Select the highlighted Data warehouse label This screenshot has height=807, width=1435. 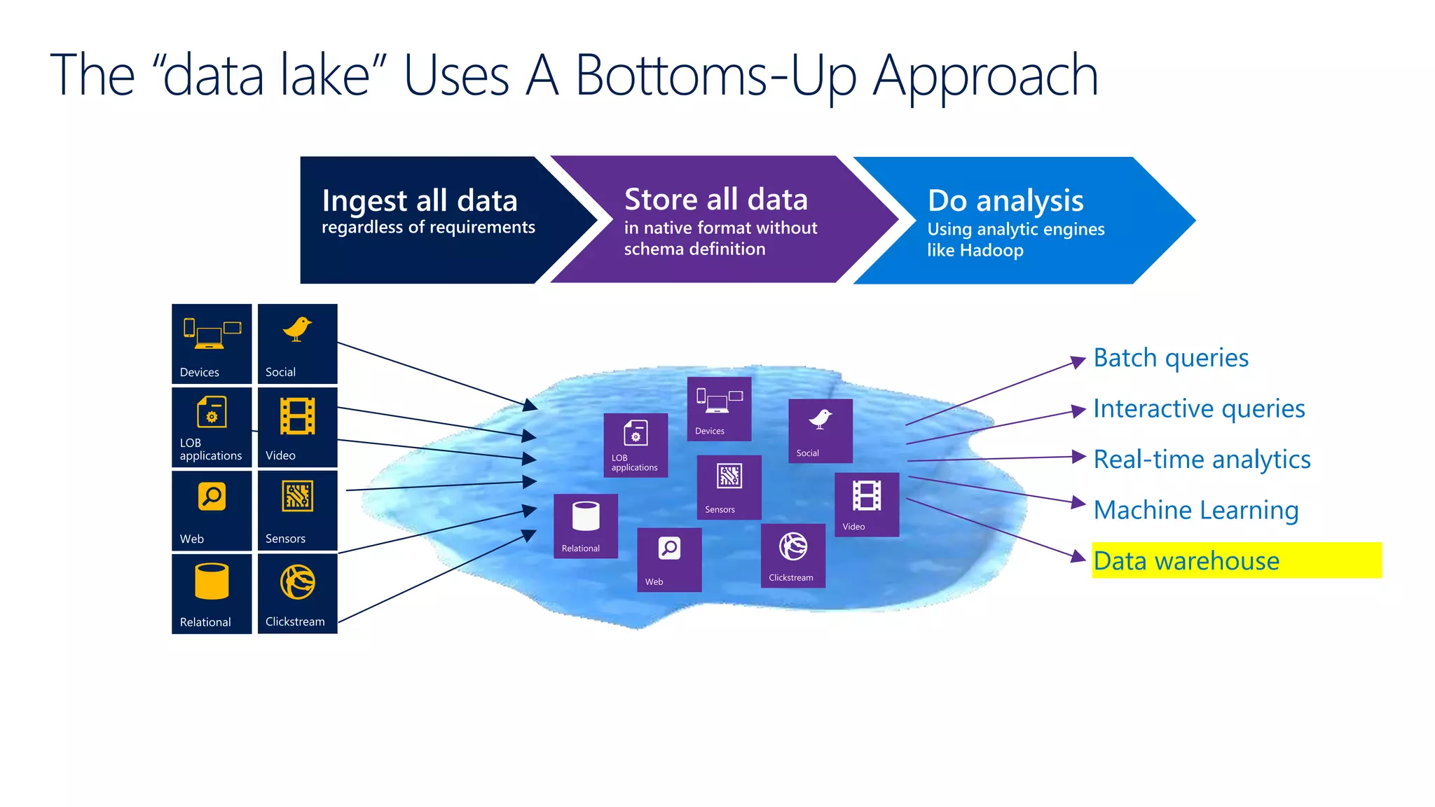point(1186,561)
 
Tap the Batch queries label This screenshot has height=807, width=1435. point(1171,358)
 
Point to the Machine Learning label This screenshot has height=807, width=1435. point(1195,510)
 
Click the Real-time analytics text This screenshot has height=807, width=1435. point(1202,460)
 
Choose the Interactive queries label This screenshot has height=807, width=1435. point(1199,408)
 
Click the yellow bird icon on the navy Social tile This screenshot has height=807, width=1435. point(297,329)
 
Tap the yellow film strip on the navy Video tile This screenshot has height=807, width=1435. point(297,416)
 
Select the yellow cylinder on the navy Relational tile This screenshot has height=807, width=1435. point(212,581)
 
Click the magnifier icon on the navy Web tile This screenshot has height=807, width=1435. point(212,496)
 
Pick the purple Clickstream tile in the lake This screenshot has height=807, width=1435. point(792,556)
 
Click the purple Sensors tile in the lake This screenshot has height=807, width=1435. point(729,487)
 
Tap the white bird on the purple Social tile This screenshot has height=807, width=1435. point(820,419)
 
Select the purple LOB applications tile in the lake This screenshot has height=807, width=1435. point(636,446)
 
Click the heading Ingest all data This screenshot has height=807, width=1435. point(419,201)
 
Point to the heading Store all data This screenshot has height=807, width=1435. point(715,200)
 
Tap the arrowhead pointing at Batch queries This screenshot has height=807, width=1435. point(1079,361)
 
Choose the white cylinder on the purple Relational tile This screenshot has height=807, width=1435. point(586,516)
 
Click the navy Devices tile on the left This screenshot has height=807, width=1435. point(212,343)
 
